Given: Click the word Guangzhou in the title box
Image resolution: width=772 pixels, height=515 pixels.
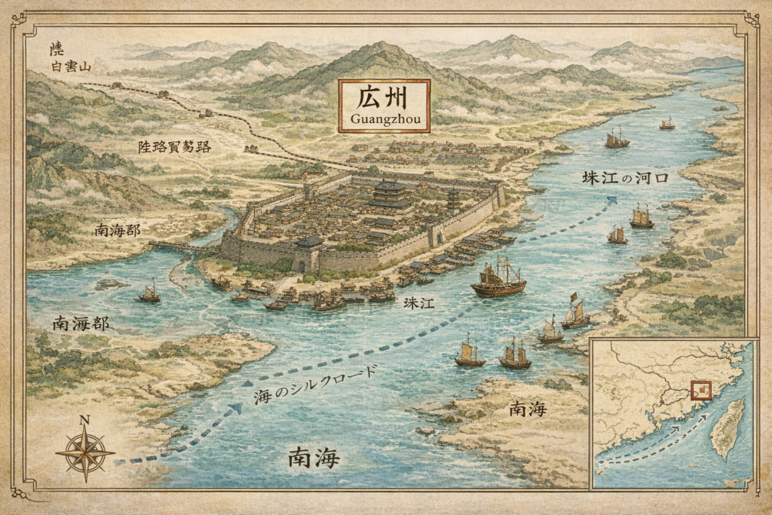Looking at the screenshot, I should click(x=384, y=119).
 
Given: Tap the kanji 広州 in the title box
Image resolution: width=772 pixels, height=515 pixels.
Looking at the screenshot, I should click(x=384, y=98).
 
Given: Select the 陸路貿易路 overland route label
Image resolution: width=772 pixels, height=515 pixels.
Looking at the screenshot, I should click(x=173, y=146).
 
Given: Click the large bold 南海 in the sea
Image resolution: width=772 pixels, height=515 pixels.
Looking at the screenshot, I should click(x=314, y=457).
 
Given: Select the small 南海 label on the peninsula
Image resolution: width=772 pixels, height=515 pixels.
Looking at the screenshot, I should click(x=526, y=409).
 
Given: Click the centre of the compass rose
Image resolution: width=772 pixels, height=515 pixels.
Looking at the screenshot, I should click(x=85, y=453).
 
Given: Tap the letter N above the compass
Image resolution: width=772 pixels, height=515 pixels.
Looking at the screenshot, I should click(x=84, y=421).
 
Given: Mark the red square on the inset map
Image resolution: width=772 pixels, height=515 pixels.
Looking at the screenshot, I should click(x=701, y=390).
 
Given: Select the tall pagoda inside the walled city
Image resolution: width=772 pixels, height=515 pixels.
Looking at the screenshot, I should click(x=453, y=200).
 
